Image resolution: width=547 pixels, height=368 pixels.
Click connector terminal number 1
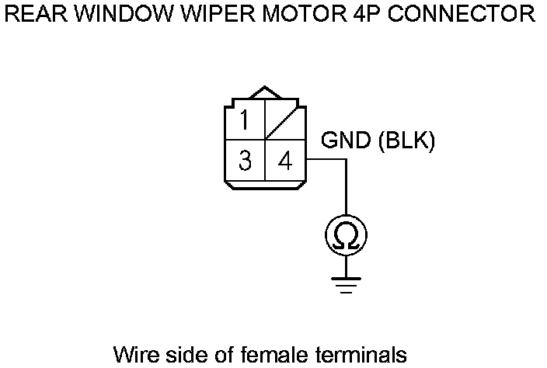click(246, 121)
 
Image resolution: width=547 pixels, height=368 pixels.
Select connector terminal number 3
click(246, 161)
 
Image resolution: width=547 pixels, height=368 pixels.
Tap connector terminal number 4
click(285, 161)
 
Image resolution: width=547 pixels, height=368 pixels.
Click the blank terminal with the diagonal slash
click(285, 121)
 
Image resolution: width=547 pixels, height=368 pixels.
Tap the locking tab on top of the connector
click(266, 93)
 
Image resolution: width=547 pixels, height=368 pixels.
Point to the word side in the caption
click(181, 355)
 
